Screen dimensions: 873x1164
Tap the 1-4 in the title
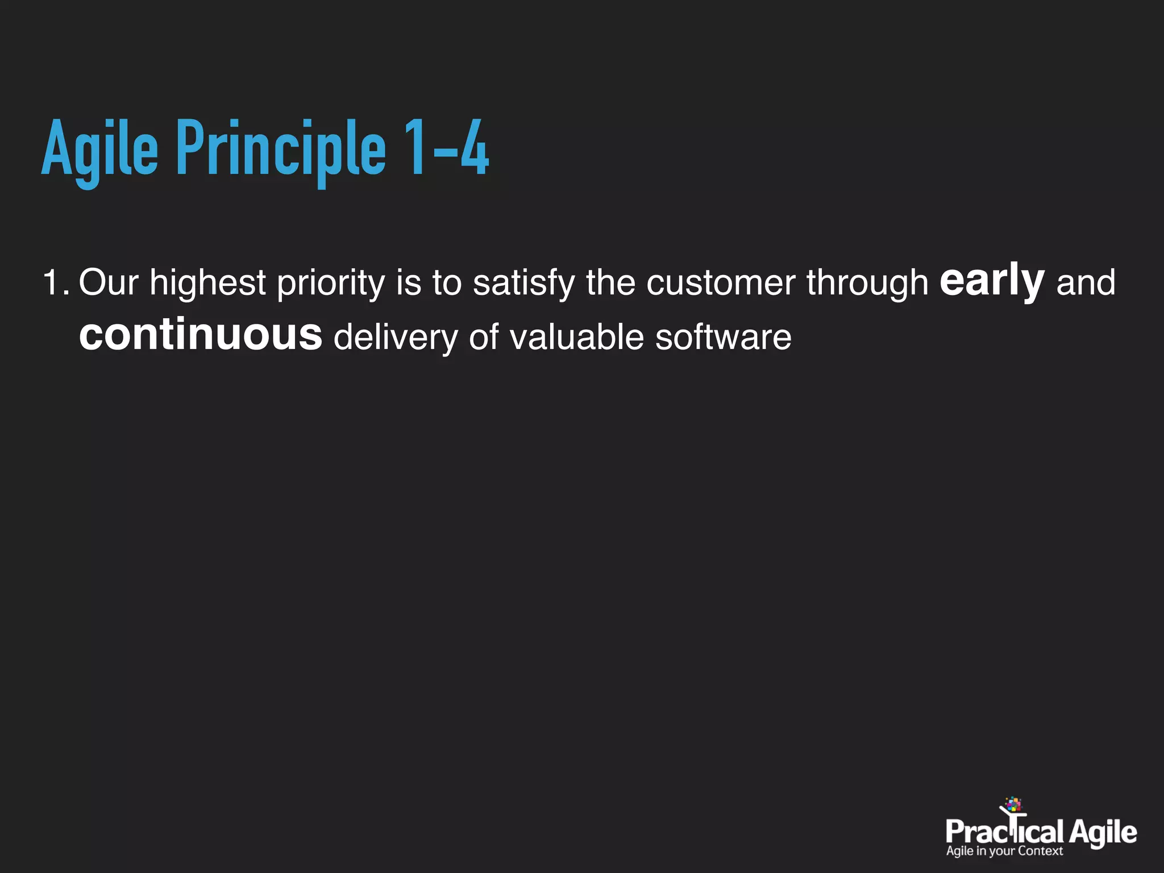point(446,149)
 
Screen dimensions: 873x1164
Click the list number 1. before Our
point(56,282)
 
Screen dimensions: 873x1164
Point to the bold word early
point(992,281)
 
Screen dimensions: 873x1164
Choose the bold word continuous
point(201,335)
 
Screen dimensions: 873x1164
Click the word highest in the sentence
point(207,282)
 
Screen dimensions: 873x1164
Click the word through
point(867,282)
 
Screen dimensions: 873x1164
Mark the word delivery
point(396,337)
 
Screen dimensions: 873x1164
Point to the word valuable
point(576,337)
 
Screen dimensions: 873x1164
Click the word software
point(723,337)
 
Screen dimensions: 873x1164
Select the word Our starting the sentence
point(109,282)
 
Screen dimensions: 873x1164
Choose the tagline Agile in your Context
point(1004,851)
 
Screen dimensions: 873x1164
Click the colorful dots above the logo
point(1013,804)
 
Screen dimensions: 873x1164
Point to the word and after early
point(1086,282)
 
